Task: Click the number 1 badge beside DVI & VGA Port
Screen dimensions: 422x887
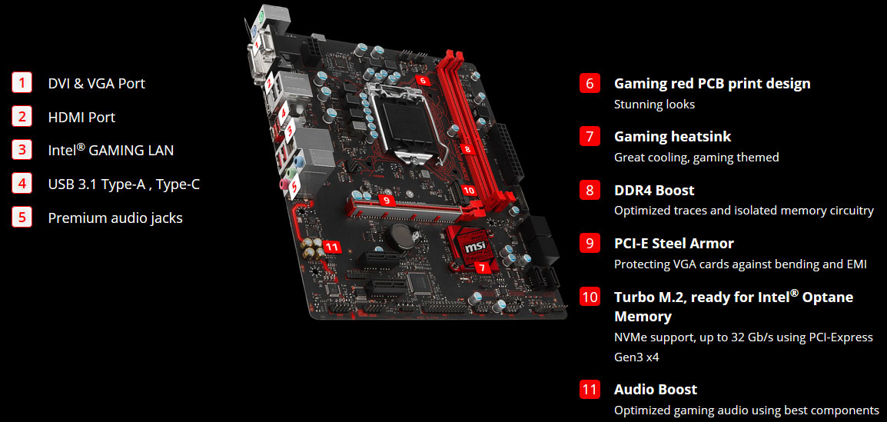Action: click(22, 82)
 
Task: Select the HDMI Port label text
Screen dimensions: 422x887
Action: click(81, 117)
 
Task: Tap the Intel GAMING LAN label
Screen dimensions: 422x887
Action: click(111, 150)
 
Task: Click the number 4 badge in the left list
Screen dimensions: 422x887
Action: click(22, 183)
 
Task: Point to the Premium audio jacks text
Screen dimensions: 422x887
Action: click(115, 218)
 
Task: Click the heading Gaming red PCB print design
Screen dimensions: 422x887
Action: click(712, 83)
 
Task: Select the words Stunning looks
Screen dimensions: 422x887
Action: click(654, 104)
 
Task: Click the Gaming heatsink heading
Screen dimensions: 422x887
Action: click(673, 136)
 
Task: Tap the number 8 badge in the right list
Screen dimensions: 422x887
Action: click(590, 190)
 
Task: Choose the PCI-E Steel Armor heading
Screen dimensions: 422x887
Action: click(673, 243)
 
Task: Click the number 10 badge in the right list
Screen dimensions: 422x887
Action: click(590, 297)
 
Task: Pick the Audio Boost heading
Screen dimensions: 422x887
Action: click(655, 389)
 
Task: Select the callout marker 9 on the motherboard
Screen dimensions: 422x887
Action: click(387, 200)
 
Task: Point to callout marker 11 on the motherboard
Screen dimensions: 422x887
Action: click(332, 246)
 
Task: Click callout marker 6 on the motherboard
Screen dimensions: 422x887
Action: click(422, 79)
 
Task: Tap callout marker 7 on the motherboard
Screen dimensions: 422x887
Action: click(481, 267)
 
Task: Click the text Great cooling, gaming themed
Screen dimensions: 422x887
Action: click(696, 157)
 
